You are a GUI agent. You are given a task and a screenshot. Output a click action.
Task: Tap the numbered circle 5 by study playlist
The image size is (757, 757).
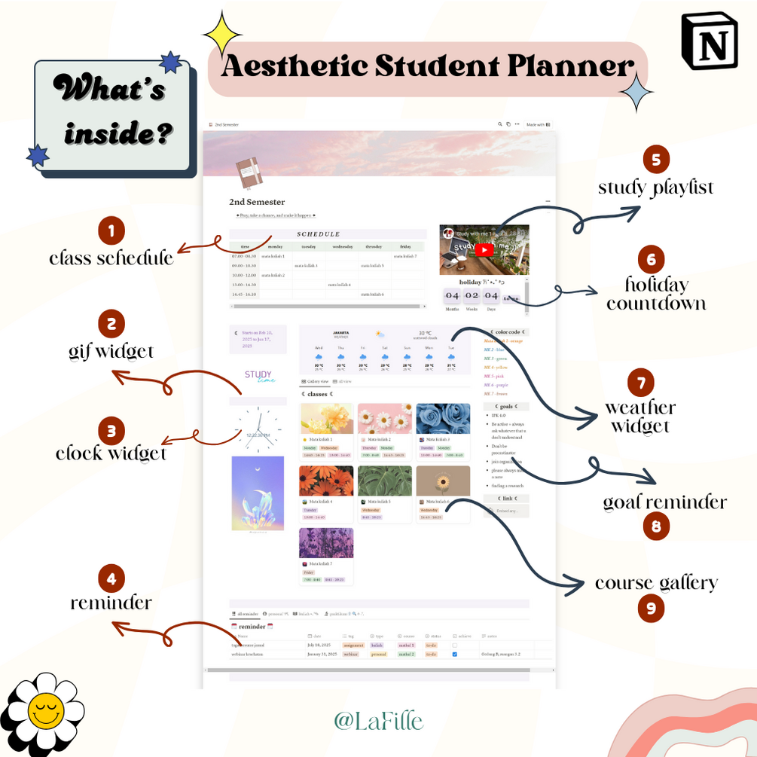pyautogui.click(x=656, y=159)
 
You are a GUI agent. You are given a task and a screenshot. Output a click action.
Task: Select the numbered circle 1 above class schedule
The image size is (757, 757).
pyautogui.click(x=111, y=230)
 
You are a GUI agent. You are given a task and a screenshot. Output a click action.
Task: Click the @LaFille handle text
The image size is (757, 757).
pyautogui.click(x=378, y=721)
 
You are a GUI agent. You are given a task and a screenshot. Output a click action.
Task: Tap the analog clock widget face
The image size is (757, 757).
pyautogui.click(x=258, y=427)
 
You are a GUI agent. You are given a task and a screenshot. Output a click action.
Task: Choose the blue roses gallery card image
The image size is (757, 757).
pyautogui.click(x=443, y=418)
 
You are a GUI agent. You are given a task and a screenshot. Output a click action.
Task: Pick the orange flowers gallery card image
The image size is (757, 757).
pyautogui.click(x=326, y=481)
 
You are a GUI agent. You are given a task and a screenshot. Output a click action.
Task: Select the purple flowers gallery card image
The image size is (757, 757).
pyautogui.click(x=326, y=543)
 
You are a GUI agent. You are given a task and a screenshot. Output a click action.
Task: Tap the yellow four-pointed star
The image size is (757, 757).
pyautogui.click(x=222, y=33)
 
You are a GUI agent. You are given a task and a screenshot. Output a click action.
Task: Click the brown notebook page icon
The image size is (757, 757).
pyautogui.click(x=249, y=173)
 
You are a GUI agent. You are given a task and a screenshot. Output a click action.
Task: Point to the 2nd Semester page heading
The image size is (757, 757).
pyautogui.click(x=257, y=202)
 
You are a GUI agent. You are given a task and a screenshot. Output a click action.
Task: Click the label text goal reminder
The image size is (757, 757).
pyautogui.click(x=664, y=502)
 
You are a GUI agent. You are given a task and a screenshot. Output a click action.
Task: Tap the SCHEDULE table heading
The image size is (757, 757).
pyautogui.click(x=318, y=234)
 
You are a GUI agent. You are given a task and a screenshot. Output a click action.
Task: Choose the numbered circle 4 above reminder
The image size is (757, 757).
pyautogui.click(x=111, y=578)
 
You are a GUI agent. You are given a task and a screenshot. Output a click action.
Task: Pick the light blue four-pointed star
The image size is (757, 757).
pyautogui.click(x=639, y=93)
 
